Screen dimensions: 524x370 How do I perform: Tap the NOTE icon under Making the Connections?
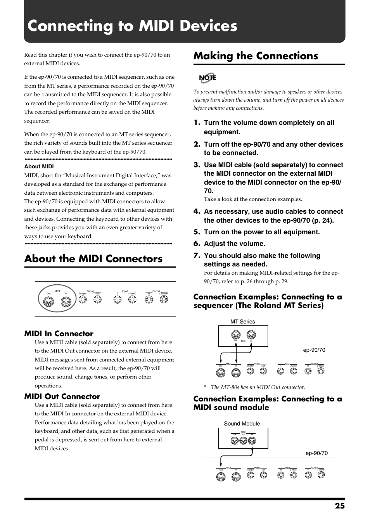click(x=207, y=78)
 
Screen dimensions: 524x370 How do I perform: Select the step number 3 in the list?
click(x=197, y=165)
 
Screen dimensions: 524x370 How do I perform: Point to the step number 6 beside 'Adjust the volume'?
click(x=197, y=244)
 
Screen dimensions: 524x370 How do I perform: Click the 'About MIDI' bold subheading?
click(x=39, y=166)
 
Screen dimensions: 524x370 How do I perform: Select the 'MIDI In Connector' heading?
click(x=59, y=334)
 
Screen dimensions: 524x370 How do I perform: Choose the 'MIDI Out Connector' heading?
click(x=62, y=396)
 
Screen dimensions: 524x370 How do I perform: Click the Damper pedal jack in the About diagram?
click(x=83, y=299)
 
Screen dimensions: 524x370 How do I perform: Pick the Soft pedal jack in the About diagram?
click(x=97, y=299)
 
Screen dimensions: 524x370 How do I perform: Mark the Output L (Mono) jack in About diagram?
click(x=164, y=299)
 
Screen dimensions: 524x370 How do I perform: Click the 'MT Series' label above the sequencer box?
click(x=242, y=322)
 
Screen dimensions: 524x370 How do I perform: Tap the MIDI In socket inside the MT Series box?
click(x=251, y=335)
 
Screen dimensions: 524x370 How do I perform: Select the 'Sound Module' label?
click(x=242, y=424)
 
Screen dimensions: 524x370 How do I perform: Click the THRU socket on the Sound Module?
click(x=234, y=441)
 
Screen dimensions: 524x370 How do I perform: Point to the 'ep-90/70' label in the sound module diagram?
click(x=316, y=453)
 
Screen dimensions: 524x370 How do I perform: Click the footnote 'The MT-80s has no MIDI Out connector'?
click(x=258, y=387)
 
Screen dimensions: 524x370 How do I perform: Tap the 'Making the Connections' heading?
click(x=256, y=56)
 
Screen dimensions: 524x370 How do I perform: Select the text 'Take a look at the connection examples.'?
click(x=252, y=199)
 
